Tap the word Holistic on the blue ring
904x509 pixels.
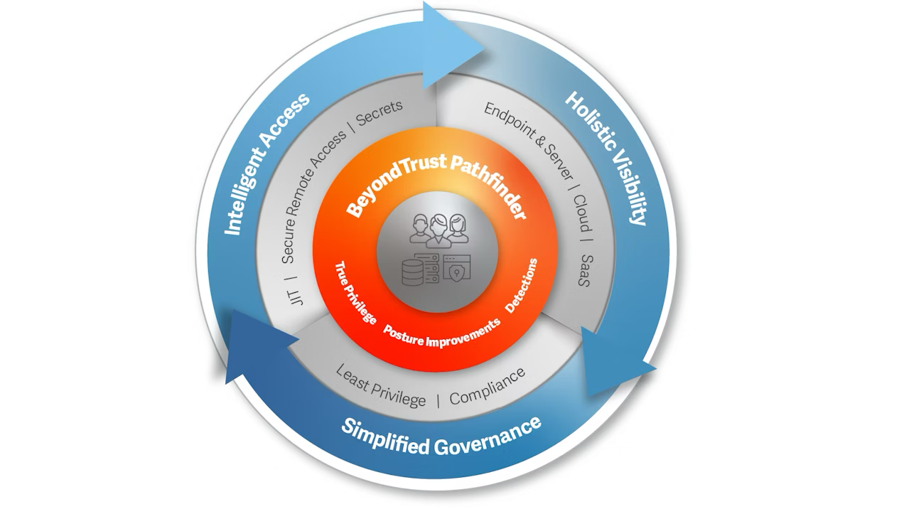pyautogui.click(x=591, y=121)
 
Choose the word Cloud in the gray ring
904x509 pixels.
pyautogui.click(x=581, y=213)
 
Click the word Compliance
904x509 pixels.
pyautogui.click(x=488, y=387)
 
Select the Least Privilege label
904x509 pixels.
pyautogui.click(x=380, y=385)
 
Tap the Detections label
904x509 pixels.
pyautogui.click(x=522, y=285)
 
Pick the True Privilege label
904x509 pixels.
pyautogui.click(x=355, y=292)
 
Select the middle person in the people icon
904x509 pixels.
pyautogui.click(x=438, y=230)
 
